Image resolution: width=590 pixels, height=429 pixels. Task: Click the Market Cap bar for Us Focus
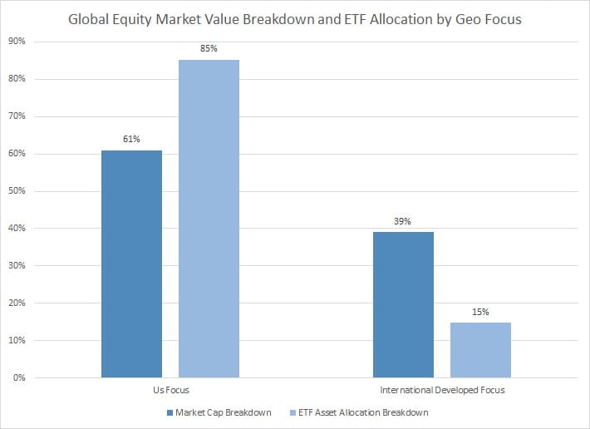[x=131, y=264]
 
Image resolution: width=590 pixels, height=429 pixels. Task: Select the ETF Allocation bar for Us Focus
[x=209, y=219]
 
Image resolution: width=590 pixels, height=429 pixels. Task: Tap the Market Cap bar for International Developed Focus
[x=403, y=304]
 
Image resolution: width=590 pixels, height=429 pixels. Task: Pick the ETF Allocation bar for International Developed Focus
[x=480, y=350]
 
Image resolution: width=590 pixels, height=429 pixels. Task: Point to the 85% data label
[x=209, y=49]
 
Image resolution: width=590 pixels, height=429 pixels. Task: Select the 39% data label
[x=403, y=222]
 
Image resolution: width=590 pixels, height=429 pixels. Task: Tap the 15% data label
[x=480, y=312]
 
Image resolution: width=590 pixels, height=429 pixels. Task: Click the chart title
[x=295, y=19]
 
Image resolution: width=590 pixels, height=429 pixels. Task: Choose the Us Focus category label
[x=170, y=390]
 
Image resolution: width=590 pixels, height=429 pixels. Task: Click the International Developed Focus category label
[x=442, y=390]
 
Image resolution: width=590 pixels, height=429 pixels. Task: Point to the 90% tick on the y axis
[x=19, y=42]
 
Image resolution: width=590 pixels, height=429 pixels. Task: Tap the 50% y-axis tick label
[x=19, y=191]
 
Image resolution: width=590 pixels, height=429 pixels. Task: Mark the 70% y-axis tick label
[x=19, y=116]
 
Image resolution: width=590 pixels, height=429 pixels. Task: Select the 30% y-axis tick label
[x=19, y=266]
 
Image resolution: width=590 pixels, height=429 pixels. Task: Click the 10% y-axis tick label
[x=19, y=341]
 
